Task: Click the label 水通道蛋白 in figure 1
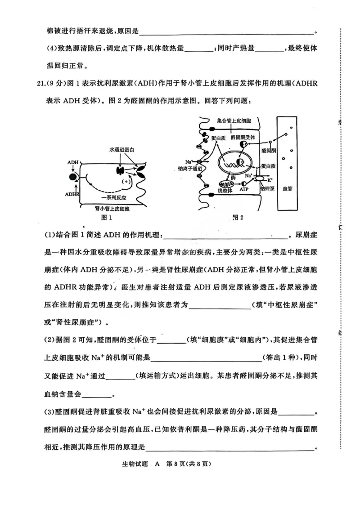tap(121, 149)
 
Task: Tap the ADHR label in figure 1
tap(72, 194)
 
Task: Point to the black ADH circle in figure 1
tap(73, 177)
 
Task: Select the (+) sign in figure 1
tap(126, 181)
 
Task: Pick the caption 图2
tap(238, 218)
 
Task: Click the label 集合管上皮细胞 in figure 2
tap(234, 121)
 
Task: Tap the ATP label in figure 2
tap(243, 190)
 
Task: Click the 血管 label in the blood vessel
tap(287, 189)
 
